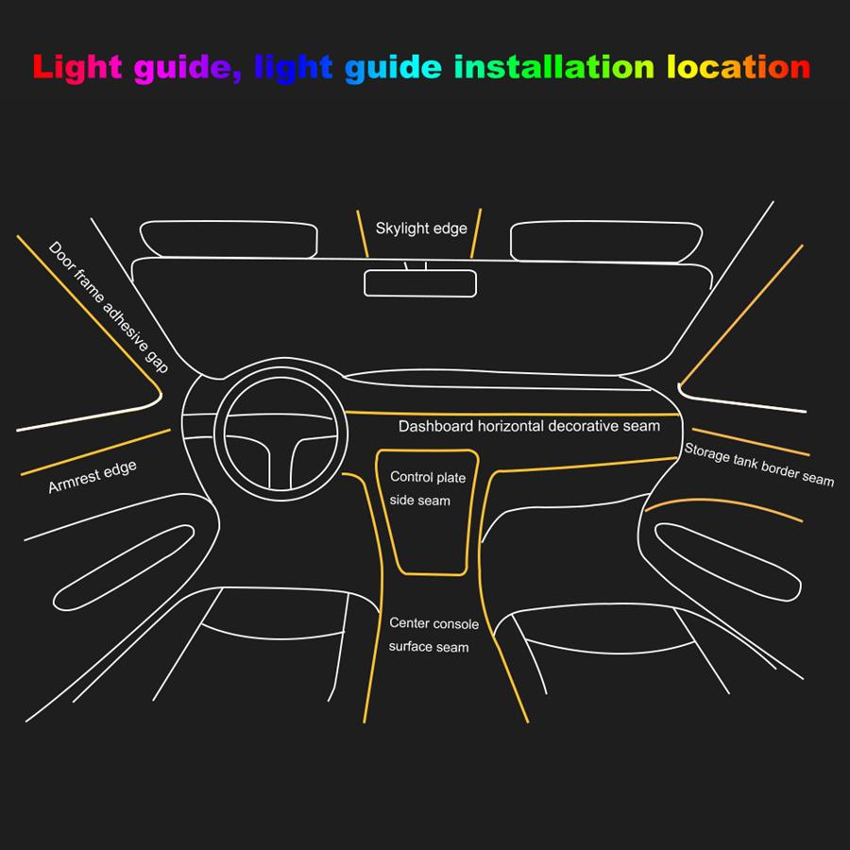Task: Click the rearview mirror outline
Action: (420, 282)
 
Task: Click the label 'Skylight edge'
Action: (421, 229)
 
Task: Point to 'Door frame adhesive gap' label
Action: (108, 307)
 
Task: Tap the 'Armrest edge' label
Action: (92, 478)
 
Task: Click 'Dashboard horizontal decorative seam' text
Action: (529, 427)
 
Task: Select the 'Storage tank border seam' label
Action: (759, 464)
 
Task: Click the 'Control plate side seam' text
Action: (421, 488)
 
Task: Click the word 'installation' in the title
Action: (553, 67)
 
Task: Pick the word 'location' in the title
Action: (739, 67)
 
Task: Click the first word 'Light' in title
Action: (76, 67)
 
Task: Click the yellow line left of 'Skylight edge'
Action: (362, 233)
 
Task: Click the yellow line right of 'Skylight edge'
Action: (476, 233)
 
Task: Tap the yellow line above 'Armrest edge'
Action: (95, 452)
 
